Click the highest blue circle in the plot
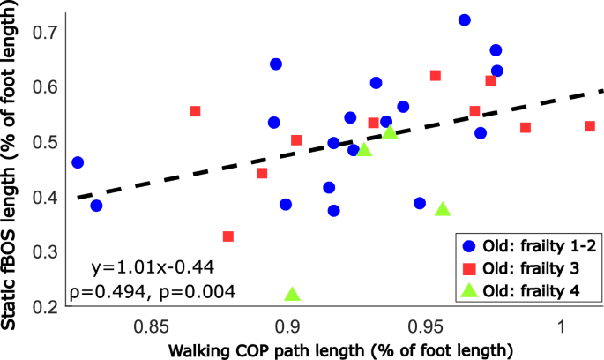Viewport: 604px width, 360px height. [465, 19]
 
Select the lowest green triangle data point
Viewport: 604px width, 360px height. [293, 295]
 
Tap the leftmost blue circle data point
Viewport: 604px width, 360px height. [78, 162]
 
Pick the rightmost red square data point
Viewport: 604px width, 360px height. [590, 126]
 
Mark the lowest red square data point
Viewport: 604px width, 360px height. [228, 236]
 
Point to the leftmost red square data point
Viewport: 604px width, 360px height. [195, 111]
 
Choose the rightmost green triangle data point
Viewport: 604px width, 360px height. [443, 210]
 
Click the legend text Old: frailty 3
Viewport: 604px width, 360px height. [534, 268]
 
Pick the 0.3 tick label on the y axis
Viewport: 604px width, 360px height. [43, 252]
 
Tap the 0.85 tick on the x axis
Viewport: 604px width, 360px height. [152, 324]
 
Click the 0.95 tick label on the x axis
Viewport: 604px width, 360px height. [426, 324]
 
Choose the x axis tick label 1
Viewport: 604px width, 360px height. [562, 324]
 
